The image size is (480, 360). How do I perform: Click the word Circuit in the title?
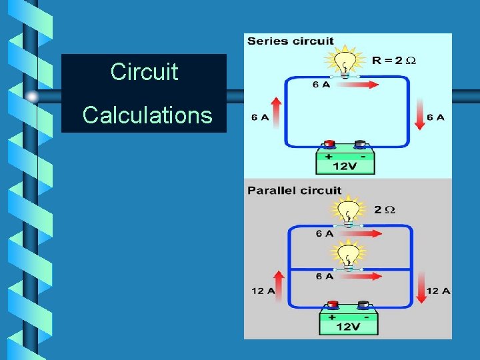pos(144,71)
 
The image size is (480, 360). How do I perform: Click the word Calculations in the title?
pos(147,115)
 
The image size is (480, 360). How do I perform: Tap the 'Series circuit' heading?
pos(290,41)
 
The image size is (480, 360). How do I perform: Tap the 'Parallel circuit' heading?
pos(294,191)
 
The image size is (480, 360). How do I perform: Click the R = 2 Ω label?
pos(394,61)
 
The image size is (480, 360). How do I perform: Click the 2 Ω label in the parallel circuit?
pos(385,210)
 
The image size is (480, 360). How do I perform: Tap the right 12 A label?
pos(438,291)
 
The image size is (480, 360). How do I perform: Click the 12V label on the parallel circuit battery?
pos(349,327)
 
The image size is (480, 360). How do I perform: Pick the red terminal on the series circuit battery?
pos(328,144)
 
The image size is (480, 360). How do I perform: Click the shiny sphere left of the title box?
pos(33,96)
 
